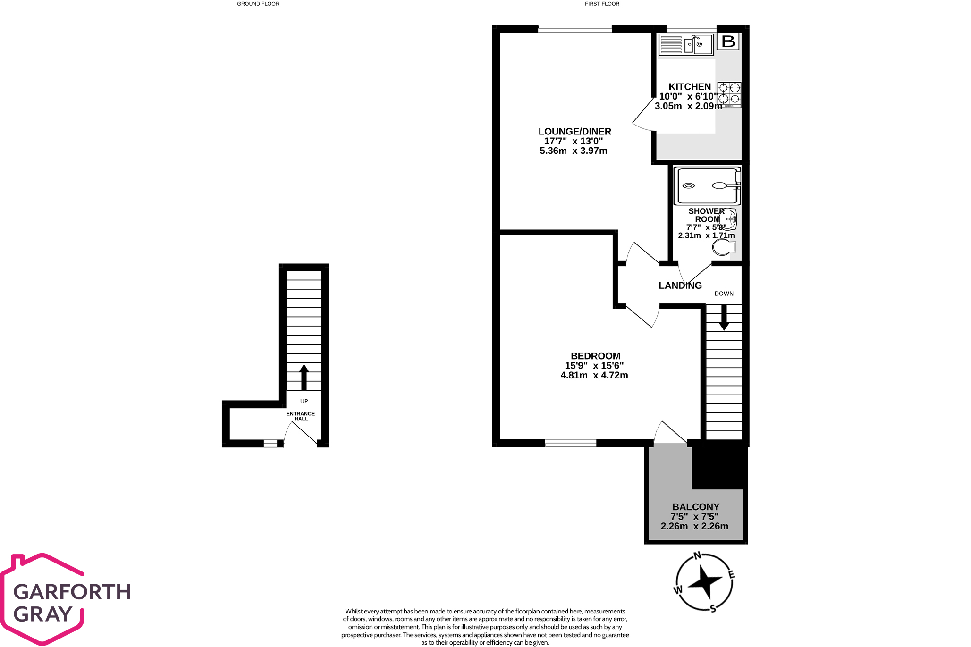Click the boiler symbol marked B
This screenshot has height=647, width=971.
728,42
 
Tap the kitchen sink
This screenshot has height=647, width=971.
686,45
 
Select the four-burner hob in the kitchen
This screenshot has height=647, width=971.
729,95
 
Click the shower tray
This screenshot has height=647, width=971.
707,185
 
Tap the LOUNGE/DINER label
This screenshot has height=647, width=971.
574,132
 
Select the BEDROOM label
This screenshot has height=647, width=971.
595,356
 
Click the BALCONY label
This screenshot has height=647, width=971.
696,507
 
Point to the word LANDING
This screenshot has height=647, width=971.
680,286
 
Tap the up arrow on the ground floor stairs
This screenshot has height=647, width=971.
304,377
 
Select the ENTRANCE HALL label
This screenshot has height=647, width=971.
301,416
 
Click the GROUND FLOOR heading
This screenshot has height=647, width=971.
258,4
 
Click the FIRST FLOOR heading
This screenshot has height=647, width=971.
602,4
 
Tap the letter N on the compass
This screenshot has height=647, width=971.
697,556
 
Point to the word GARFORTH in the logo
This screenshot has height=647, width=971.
72,592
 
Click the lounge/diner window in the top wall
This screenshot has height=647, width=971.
575,29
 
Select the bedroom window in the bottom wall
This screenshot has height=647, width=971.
571,443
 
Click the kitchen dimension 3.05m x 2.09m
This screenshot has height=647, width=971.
688,106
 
